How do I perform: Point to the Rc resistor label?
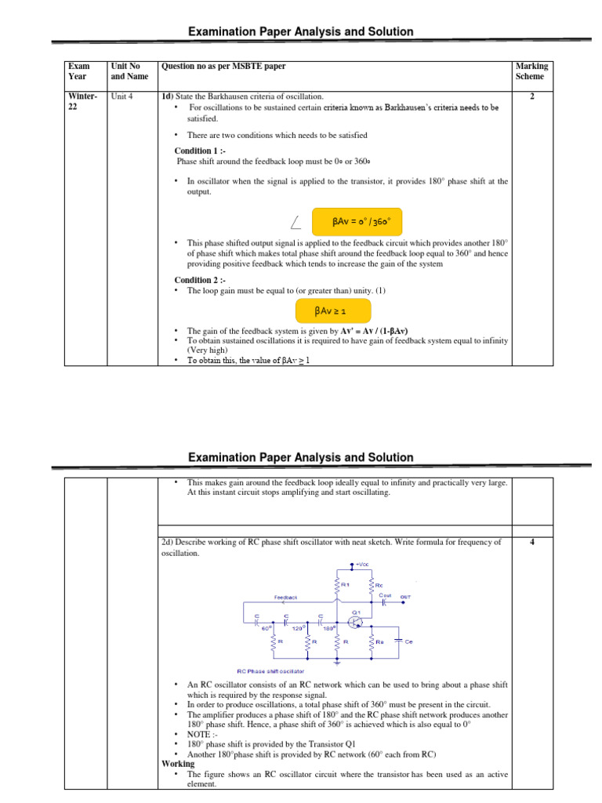(x=380, y=585)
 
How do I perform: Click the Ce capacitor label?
(x=409, y=641)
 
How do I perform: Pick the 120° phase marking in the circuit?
(x=298, y=628)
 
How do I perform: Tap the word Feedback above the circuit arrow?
(x=285, y=597)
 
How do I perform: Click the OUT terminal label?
(x=405, y=597)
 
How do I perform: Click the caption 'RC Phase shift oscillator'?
(x=270, y=670)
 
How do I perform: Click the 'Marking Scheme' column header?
(x=531, y=71)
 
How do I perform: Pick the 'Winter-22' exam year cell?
(x=82, y=102)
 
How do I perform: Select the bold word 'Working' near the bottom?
(x=178, y=764)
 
